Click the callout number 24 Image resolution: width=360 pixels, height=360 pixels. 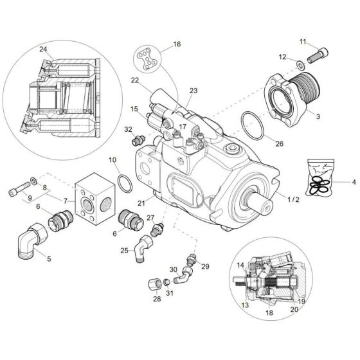(x=43, y=50)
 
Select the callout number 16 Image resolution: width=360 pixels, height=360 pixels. (x=176, y=45)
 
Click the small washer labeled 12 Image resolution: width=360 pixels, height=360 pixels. (x=301, y=65)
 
